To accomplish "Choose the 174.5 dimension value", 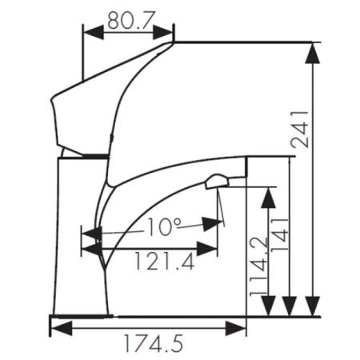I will tap(152, 344).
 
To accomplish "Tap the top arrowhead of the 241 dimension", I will tap(315, 52).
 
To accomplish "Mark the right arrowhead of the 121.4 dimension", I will tap(207, 249).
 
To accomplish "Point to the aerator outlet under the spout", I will tap(216, 182).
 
